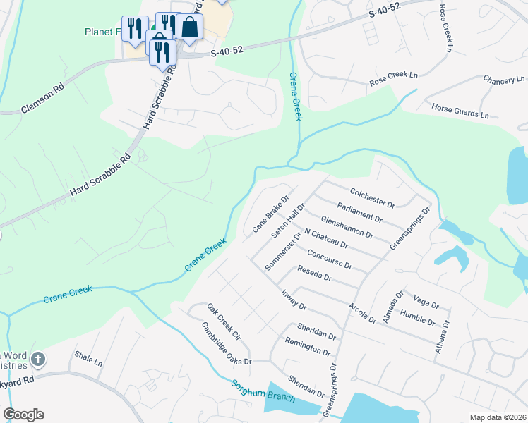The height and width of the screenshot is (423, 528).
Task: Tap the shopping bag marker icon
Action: pyautogui.click(x=189, y=27)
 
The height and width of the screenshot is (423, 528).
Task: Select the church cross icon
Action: pyautogui.click(x=37, y=360)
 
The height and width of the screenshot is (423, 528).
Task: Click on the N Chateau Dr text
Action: pyautogui.click(x=325, y=239)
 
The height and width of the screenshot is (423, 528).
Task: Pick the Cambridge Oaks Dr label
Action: pyautogui.click(x=227, y=344)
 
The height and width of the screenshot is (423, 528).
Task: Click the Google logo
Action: pyautogui.click(x=23, y=415)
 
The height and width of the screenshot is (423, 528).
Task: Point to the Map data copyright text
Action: pyautogui.click(x=497, y=417)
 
